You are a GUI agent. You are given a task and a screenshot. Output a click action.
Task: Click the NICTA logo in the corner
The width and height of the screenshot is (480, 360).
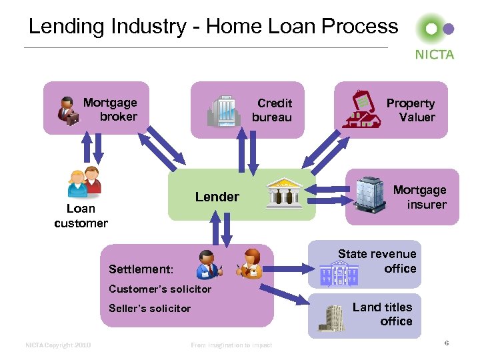435,37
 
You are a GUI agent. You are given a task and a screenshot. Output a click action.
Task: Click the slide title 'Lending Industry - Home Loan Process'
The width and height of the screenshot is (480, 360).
213,27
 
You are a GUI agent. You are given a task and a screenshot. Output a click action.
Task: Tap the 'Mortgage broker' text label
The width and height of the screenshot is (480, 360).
111,109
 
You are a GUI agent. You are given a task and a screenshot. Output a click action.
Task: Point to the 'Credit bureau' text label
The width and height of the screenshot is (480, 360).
273,110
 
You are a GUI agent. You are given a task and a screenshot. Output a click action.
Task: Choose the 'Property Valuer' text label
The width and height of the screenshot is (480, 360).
411,110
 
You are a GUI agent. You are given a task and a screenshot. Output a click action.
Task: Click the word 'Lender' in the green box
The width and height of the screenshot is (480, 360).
217,197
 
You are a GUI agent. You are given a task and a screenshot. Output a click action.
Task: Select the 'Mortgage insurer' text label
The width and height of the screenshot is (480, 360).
419,197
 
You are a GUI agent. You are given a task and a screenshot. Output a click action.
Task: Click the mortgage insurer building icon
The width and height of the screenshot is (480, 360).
369,194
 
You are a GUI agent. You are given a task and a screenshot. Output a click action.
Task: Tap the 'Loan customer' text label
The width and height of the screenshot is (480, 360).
81,216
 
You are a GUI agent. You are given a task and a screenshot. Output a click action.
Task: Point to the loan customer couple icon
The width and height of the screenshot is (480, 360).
85,182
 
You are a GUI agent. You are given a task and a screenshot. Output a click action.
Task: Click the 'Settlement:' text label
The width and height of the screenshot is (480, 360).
141,269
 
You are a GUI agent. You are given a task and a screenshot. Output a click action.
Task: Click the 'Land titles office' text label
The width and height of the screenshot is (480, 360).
383,314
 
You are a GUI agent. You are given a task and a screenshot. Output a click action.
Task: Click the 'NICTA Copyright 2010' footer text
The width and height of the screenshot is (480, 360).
58,345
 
